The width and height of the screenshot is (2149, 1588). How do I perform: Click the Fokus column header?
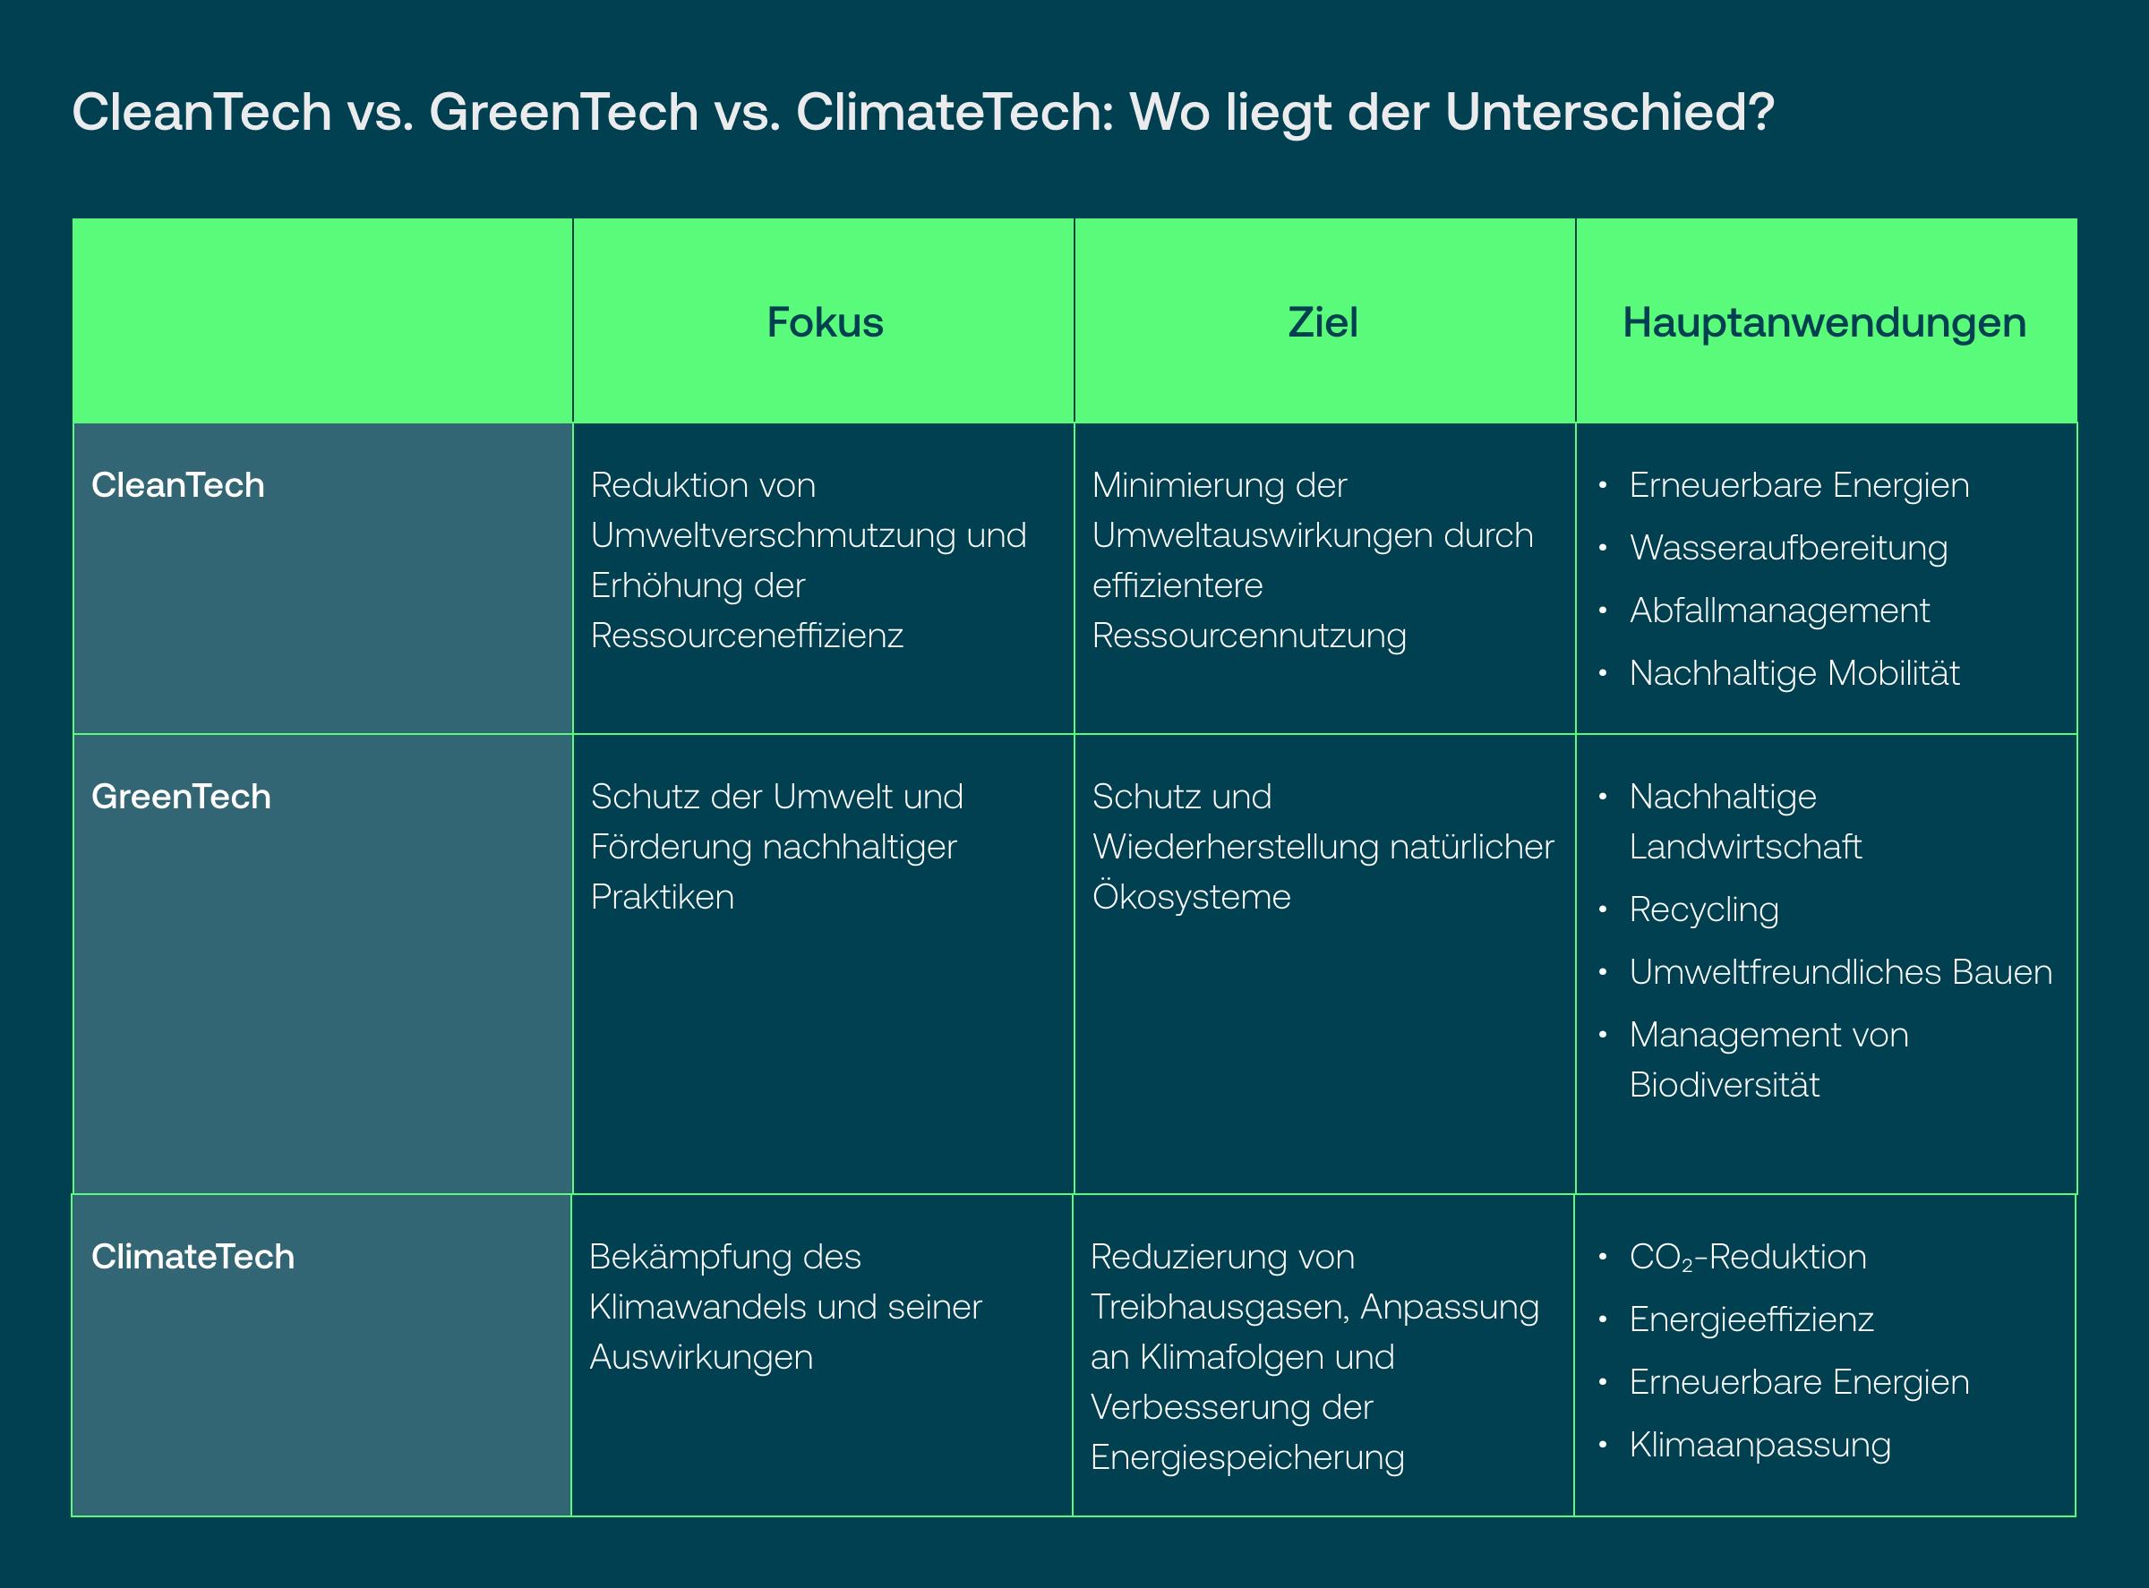pos(825,322)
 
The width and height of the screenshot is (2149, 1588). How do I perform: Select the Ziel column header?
pos(1323,322)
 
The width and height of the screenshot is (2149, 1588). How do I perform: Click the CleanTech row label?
pos(178,485)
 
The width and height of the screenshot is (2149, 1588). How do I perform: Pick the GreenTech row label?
pos(181,797)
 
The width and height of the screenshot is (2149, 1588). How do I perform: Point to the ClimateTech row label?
pos(193,1258)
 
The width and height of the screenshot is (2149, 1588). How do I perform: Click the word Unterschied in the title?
pos(1610,112)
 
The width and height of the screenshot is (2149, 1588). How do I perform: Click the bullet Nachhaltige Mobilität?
pos(1794,673)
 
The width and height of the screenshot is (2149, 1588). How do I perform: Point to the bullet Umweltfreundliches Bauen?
pos(1840,972)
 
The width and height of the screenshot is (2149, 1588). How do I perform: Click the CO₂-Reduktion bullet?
pos(1748,1258)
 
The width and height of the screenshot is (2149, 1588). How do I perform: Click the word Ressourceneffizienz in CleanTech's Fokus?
pos(747,636)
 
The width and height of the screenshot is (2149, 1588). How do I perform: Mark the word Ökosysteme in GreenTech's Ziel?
pos(1191,897)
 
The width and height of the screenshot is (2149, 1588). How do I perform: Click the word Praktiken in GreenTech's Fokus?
pos(663,897)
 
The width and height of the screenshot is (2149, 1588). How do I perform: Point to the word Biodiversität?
pos(1724,1084)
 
